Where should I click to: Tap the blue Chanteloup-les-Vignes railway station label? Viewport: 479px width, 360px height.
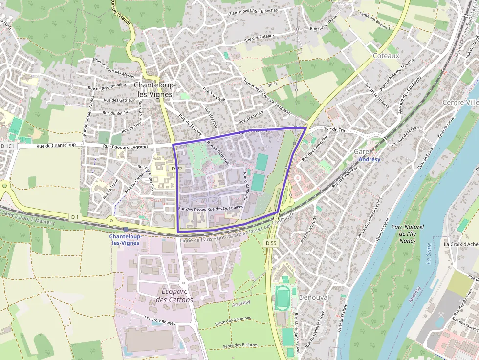click(124, 239)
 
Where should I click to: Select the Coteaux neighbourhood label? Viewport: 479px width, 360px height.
click(386, 56)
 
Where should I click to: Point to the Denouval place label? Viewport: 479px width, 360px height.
click(313, 297)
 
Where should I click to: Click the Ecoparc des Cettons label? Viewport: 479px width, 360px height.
click(177, 295)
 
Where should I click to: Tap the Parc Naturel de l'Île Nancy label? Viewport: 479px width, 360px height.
click(407, 233)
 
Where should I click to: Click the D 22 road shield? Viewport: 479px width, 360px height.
click(176, 169)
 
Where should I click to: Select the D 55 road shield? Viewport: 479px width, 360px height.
click(271, 243)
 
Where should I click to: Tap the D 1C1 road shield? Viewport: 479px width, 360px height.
click(8, 146)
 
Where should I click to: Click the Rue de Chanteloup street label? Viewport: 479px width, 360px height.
click(57, 145)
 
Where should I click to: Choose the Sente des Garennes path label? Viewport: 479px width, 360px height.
click(233, 320)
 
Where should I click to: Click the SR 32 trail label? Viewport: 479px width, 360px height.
click(272, 84)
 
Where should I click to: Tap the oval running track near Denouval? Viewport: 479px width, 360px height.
click(282, 298)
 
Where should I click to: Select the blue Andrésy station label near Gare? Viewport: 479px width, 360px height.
click(369, 159)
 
